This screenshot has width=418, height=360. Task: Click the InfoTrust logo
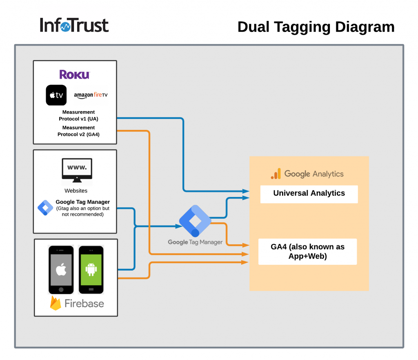74,25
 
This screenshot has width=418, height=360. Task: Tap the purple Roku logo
74,74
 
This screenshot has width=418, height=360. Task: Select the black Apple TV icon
56,95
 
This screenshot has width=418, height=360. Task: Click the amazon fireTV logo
91,95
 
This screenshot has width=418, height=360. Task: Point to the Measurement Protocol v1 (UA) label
78,115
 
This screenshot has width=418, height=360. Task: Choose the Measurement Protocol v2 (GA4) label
78,131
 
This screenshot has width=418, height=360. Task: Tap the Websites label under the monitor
76,190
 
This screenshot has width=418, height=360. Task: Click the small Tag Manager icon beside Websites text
45,208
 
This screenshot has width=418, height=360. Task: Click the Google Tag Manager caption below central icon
195,242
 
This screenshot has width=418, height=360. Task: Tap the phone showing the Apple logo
61,269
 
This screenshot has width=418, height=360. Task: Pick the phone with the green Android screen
91,269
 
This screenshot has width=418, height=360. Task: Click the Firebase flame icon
56,304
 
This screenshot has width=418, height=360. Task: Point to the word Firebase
84,304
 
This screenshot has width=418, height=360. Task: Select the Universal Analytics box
309,194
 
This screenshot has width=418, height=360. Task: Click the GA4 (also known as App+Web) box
307,252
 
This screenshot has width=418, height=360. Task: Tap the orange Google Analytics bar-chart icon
276,174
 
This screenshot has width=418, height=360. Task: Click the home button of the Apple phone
61,289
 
